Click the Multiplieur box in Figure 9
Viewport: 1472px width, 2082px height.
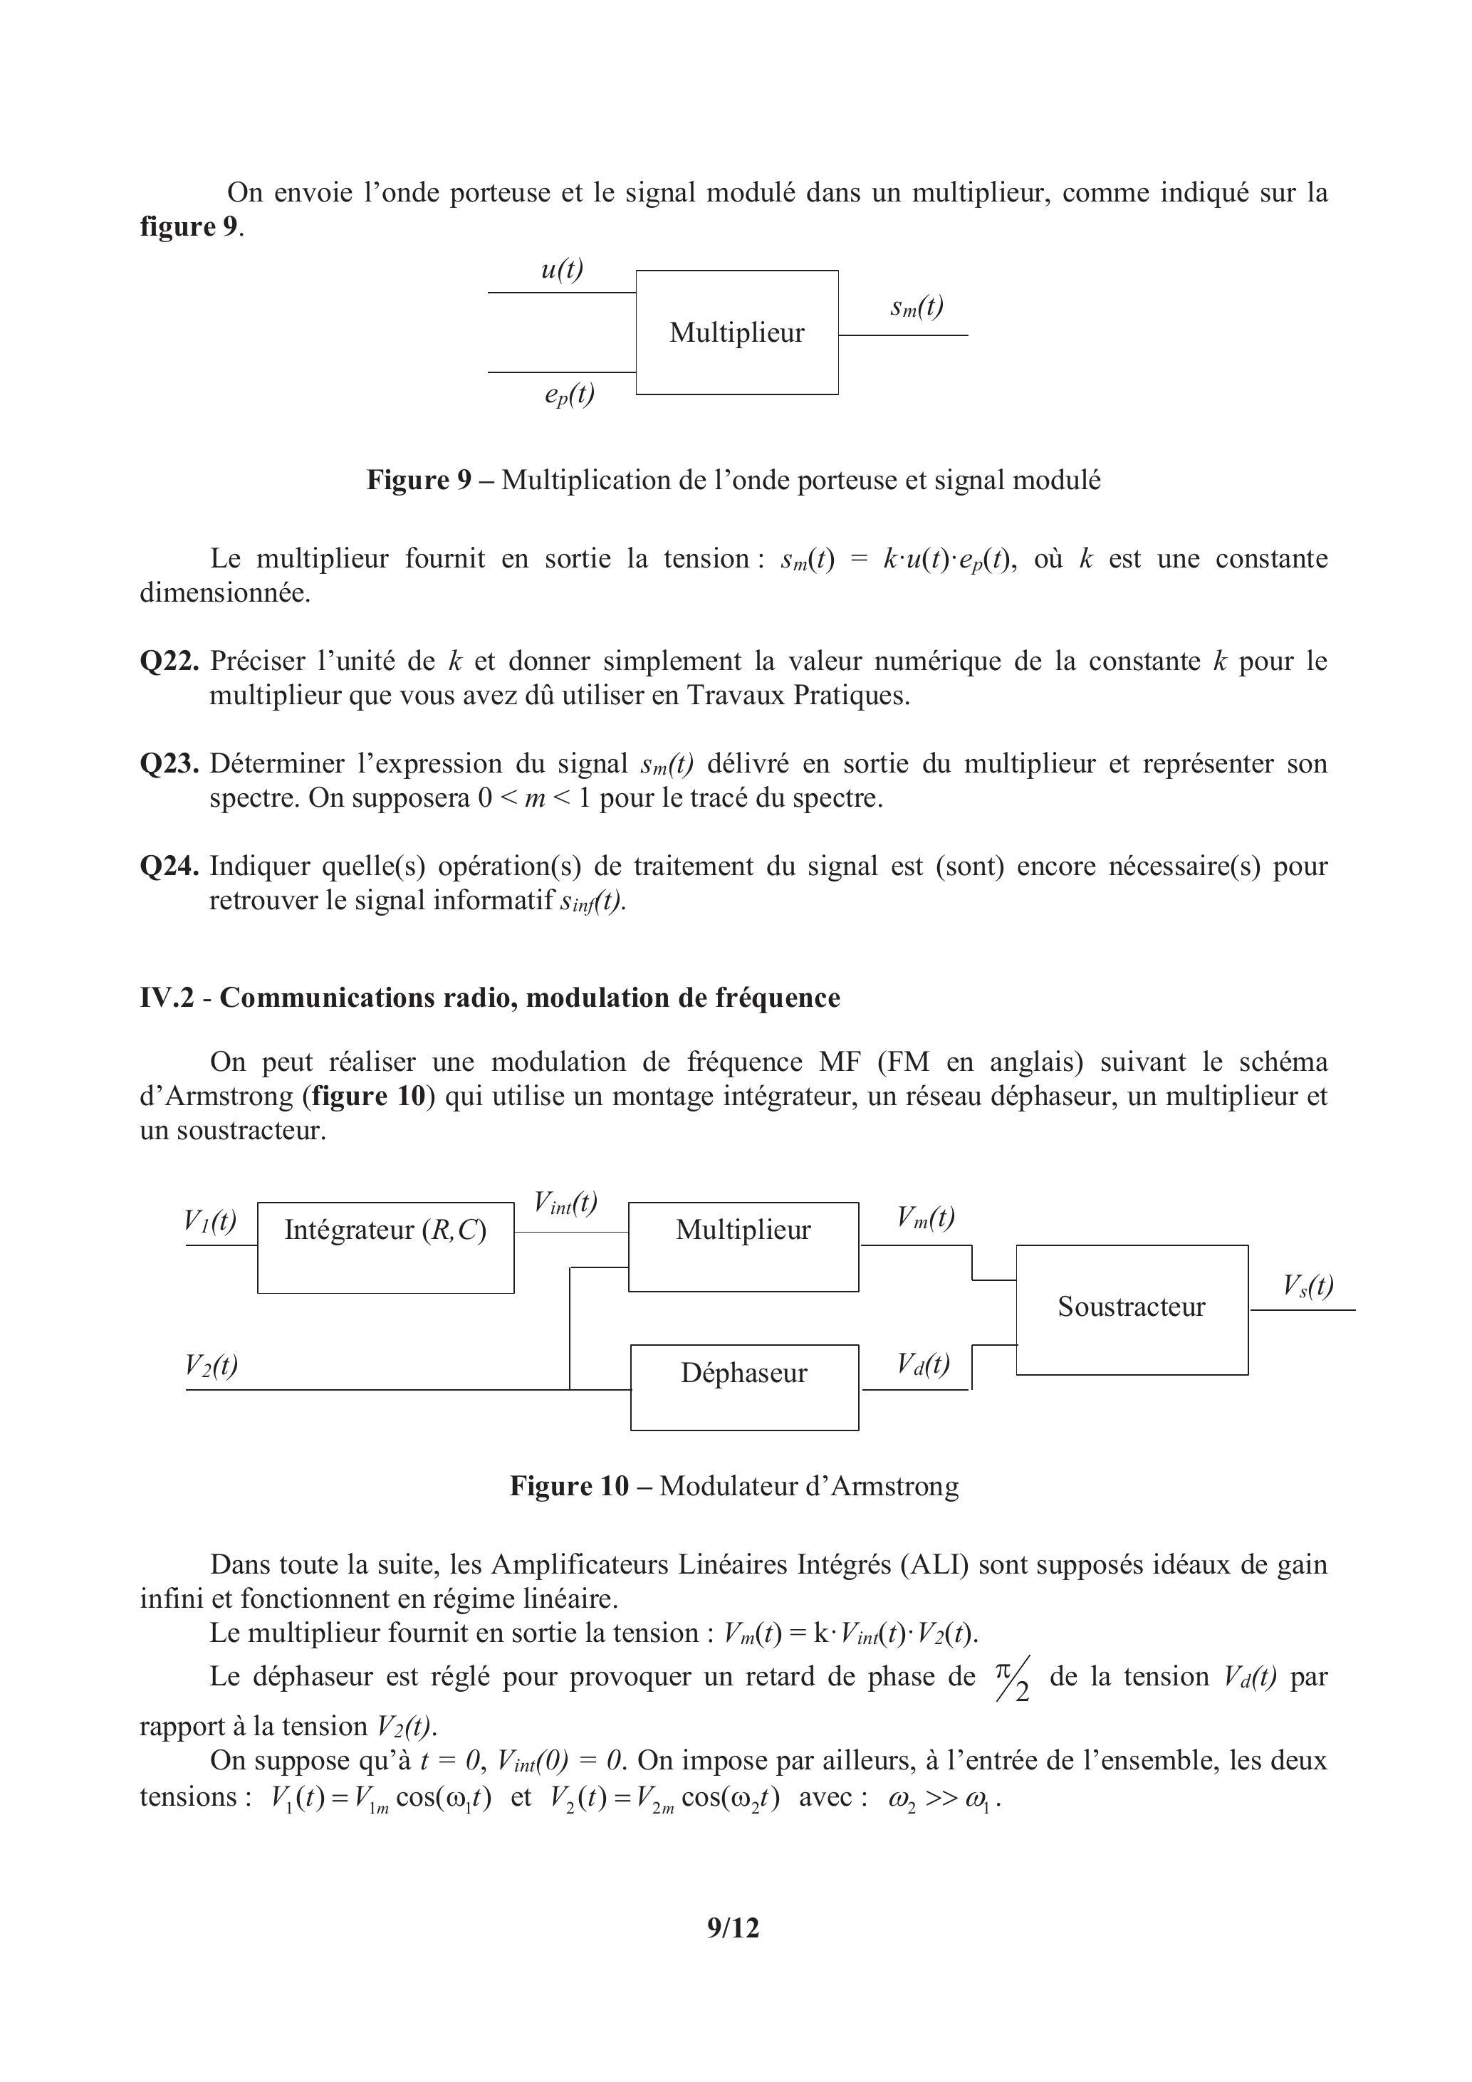tap(736, 332)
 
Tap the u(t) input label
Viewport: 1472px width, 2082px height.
tap(561, 269)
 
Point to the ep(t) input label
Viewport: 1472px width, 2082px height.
tap(570, 394)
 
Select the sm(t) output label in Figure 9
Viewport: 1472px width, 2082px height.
tap(916, 308)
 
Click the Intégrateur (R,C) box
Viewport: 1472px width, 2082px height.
tap(385, 1247)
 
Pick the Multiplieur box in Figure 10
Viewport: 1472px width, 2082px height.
tap(743, 1246)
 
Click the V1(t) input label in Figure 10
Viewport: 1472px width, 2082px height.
tap(209, 1220)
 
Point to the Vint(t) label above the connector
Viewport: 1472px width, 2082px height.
tap(565, 1203)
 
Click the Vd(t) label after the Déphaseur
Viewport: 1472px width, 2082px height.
tap(923, 1363)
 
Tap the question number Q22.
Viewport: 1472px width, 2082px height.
tap(169, 661)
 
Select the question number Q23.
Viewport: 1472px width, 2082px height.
tap(169, 763)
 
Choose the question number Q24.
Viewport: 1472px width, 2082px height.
tap(169, 866)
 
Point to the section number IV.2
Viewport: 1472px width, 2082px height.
tap(166, 998)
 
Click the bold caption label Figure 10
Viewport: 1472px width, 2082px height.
tap(569, 1485)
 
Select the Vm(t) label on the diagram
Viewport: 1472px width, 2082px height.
tap(925, 1217)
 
